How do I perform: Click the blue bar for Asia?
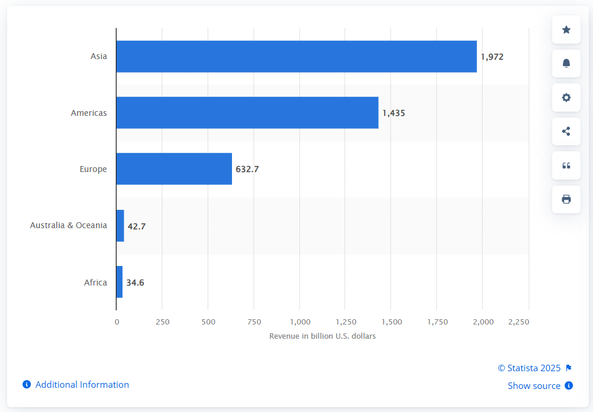296,57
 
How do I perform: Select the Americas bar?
247,113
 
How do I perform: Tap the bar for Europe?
174,169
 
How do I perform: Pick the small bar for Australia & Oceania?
120,225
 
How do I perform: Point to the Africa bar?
120,282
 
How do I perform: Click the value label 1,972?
492,57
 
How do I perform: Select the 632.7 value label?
247,169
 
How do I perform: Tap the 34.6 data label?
135,283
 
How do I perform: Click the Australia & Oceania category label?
69,225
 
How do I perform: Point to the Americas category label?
89,113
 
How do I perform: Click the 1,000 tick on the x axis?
300,322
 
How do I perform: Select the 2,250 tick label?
518,322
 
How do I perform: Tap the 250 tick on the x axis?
163,322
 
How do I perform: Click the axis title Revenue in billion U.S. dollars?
323,336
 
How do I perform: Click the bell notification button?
566,63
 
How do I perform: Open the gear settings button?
566,98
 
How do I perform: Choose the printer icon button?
566,199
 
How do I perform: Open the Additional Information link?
82,385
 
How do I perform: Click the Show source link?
534,386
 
